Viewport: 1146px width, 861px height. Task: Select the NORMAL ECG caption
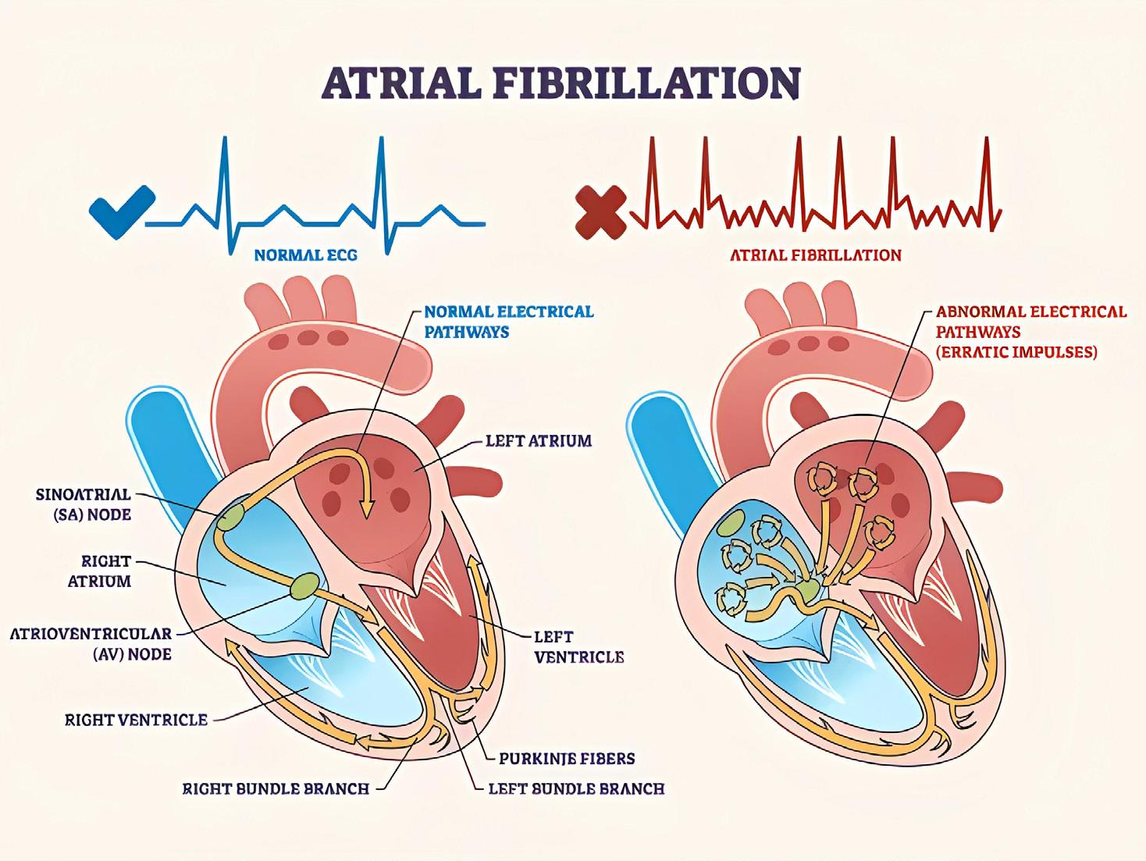305,254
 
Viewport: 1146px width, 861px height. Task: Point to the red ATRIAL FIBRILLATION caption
815,255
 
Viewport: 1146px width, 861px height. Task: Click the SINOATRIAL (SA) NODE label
83,504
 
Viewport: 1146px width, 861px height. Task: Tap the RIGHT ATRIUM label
105,571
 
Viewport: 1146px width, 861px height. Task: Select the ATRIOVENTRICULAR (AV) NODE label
91,643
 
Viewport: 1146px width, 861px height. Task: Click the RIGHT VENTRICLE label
136,720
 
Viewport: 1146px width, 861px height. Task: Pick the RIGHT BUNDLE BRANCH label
276,788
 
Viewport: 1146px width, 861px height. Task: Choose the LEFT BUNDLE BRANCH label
576,788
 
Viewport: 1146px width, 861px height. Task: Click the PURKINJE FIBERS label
567,758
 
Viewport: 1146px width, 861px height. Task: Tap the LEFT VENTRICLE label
578,647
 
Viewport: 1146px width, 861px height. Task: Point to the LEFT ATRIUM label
539,441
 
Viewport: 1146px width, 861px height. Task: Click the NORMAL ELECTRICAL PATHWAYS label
508,322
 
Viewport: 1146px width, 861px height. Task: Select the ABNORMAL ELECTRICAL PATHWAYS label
1031,322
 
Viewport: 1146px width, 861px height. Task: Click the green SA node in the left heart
231,517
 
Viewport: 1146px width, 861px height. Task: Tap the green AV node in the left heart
304,585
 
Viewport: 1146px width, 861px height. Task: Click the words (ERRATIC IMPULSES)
1016,352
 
